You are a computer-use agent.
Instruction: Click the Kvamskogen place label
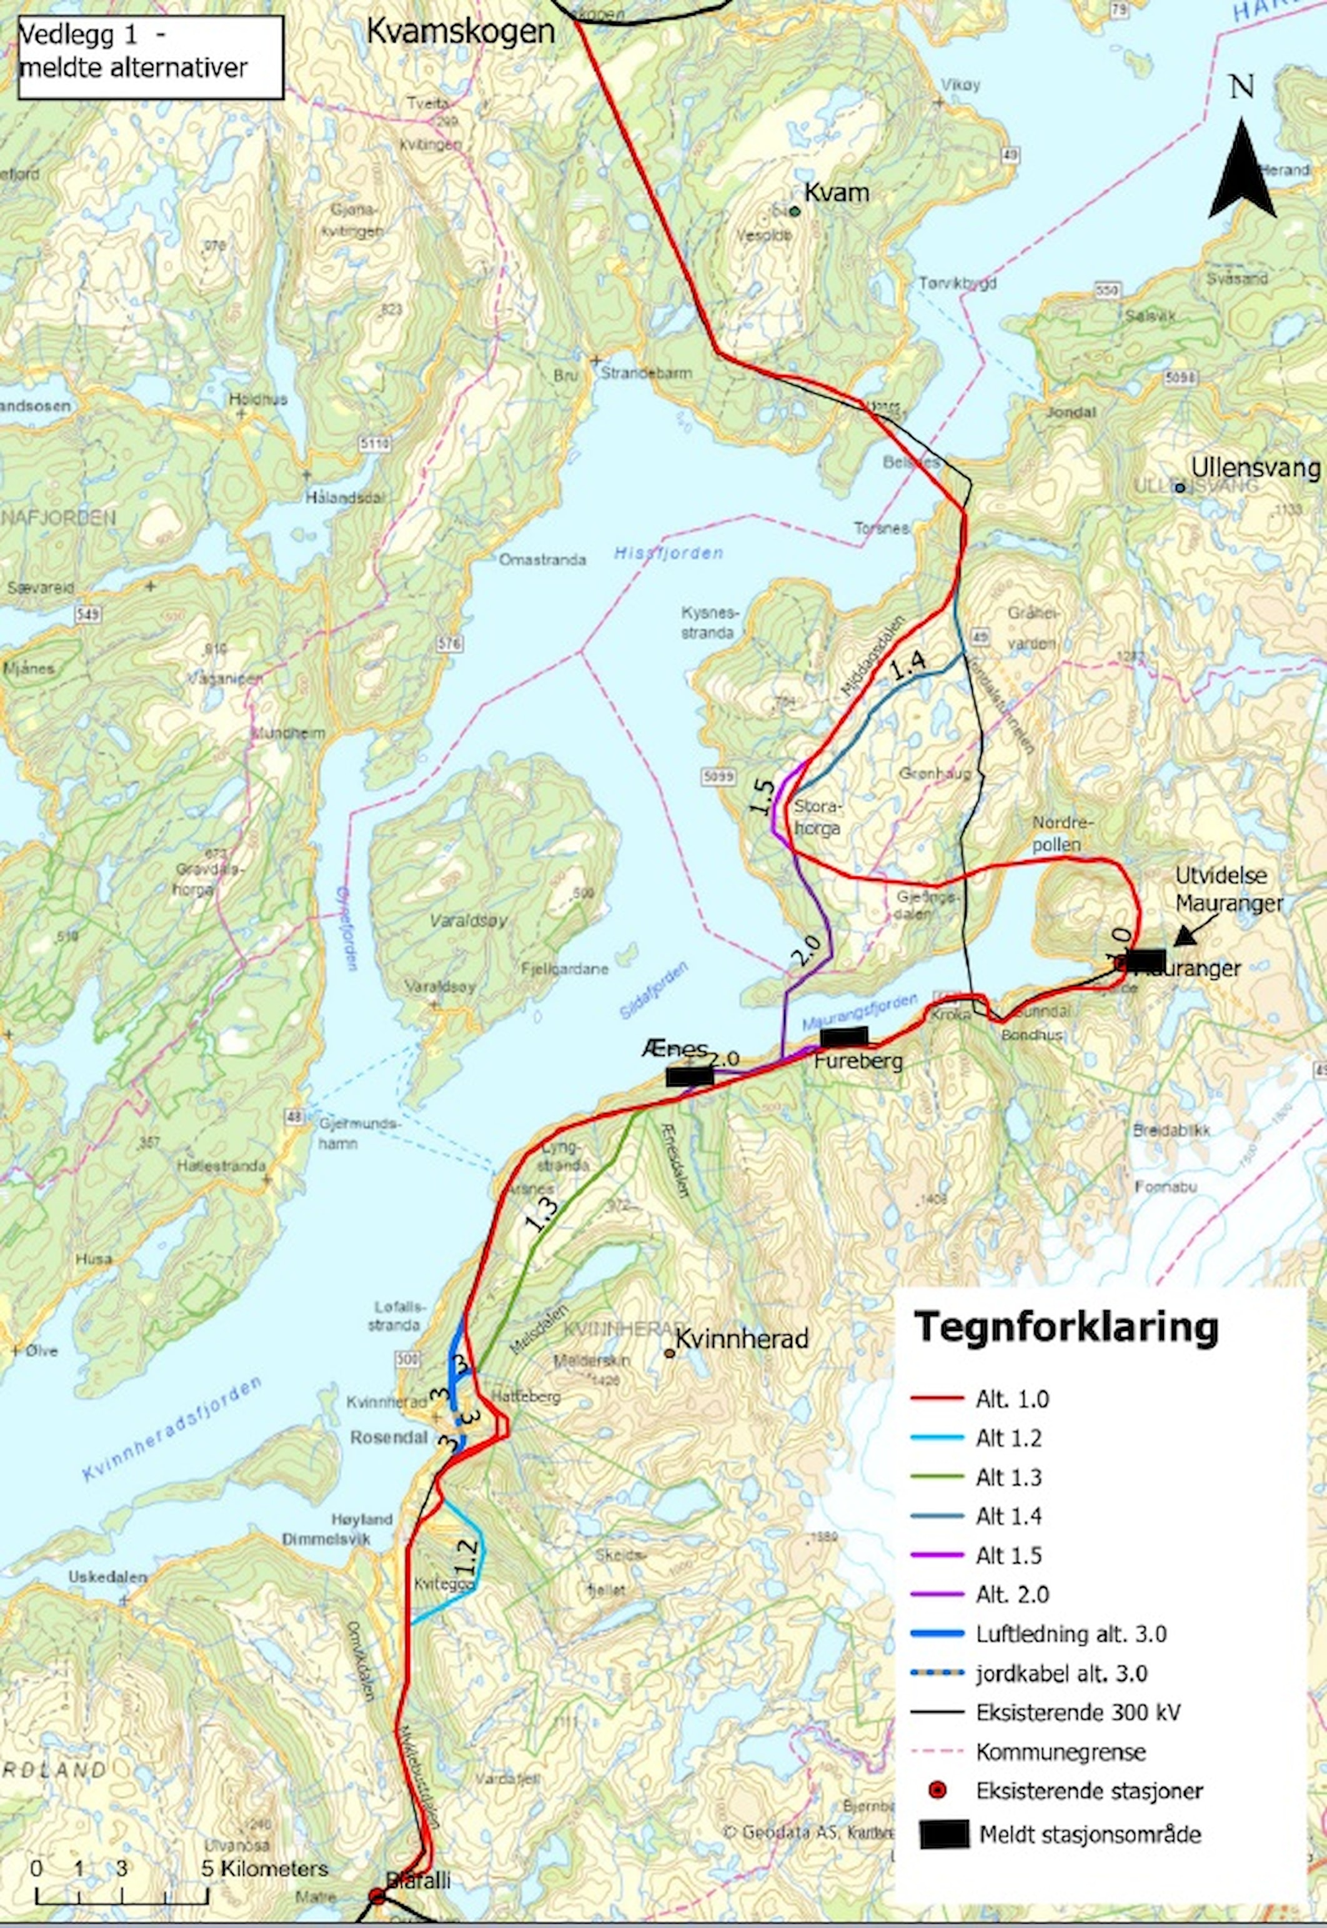click(460, 32)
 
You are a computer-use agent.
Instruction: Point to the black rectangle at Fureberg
click(843, 1037)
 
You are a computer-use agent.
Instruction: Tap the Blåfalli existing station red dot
click(377, 1896)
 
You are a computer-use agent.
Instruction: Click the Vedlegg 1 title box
click(150, 56)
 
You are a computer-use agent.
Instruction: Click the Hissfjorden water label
click(668, 552)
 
